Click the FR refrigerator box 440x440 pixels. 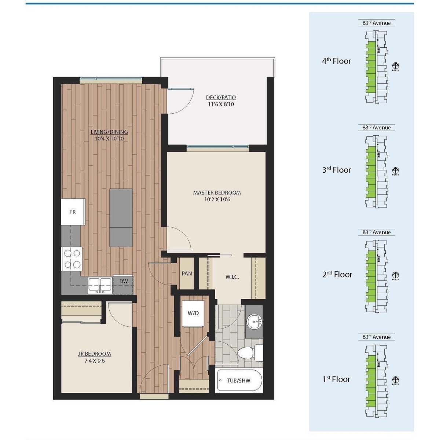coord(73,212)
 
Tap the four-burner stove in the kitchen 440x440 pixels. coord(72,259)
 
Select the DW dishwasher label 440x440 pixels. coord(124,281)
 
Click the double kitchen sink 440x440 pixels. coord(100,284)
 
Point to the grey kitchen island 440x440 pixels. coord(121,218)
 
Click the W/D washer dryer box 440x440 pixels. coord(193,313)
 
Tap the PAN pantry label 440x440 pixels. coord(187,274)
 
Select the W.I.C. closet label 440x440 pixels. coord(232,277)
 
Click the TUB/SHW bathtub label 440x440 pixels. coord(238,381)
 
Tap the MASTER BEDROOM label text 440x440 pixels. coord(217,192)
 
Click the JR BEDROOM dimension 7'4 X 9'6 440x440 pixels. coord(94,361)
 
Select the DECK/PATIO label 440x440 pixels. coord(221,98)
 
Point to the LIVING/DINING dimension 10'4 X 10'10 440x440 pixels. coord(109,139)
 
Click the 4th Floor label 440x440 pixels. coord(336,61)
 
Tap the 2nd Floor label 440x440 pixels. coord(337,274)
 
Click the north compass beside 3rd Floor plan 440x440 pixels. coord(395,170)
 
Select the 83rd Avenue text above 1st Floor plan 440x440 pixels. coord(377,337)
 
